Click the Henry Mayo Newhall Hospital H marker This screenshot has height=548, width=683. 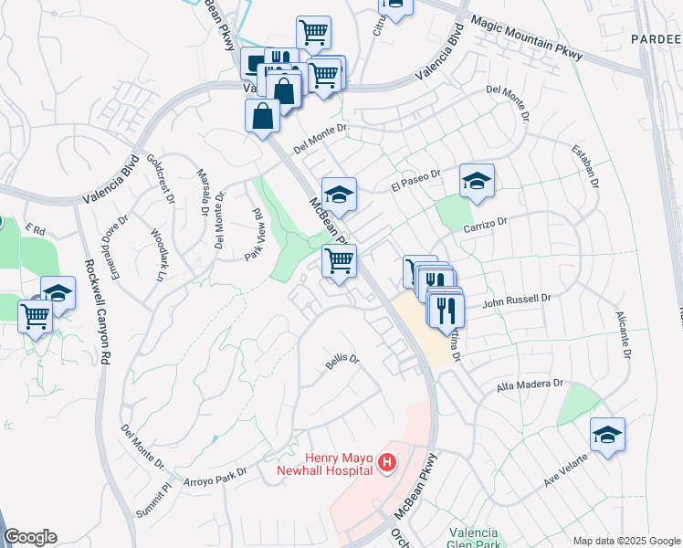click(387, 463)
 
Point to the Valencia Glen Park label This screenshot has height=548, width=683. click(473, 539)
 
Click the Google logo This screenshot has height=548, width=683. click(30, 537)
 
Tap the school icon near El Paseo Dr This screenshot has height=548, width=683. click(476, 181)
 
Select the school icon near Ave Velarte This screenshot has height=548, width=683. click(606, 435)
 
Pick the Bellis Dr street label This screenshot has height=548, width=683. click(342, 362)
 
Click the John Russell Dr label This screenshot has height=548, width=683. click(518, 298)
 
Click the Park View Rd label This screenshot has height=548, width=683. click(255, 236)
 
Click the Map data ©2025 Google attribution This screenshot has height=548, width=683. click(625, 541)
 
